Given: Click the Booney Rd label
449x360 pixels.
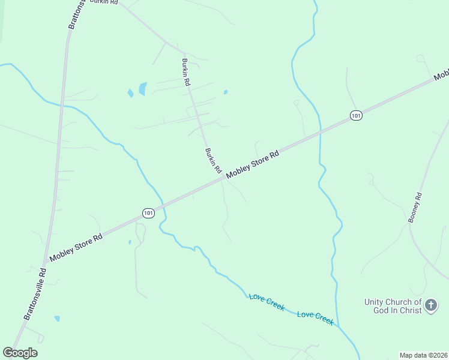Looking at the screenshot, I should tap(415, 208).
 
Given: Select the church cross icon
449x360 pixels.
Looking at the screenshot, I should tap(431, 306).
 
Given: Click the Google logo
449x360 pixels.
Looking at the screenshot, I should tap(20, 353).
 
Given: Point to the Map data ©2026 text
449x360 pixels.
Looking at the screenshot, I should tap(423, 355).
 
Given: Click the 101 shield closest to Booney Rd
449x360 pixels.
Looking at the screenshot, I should tap(357, 115).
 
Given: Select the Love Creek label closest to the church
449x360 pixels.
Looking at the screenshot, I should tap(315, 317).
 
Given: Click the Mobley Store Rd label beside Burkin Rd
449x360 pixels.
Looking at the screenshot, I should tap(253, 163).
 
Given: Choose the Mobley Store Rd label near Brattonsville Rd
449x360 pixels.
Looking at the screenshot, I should tap(76, 247).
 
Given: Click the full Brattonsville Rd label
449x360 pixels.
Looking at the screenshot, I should tap(35, 293).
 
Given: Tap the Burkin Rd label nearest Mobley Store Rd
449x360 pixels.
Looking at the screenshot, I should tap(213, 161).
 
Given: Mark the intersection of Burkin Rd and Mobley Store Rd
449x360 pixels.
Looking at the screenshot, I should tap(223, 178).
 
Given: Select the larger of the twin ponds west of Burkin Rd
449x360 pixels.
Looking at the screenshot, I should tap(143, 89).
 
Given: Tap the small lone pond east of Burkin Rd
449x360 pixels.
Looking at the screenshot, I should tap(225, 92).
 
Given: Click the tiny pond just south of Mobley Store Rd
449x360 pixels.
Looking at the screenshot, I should tap(130, 242).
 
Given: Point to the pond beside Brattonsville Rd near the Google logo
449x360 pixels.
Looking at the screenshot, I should tap(57, 319).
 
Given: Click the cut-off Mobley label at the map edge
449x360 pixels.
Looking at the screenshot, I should tap(442, 76).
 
